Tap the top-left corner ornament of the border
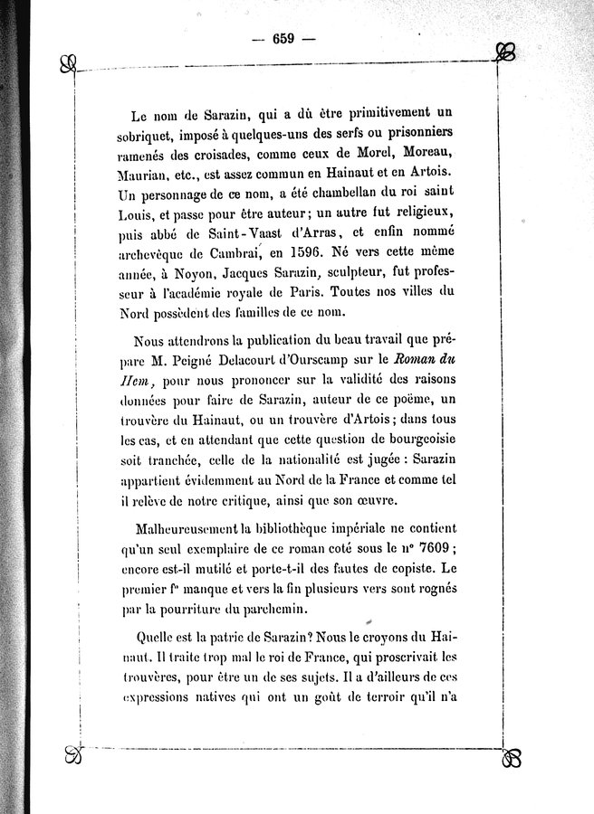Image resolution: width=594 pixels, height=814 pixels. [65, 63]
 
